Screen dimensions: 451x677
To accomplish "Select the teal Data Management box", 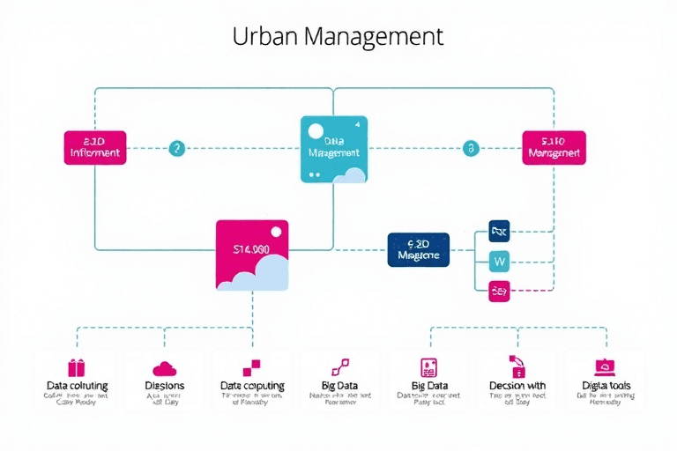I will click(334, 150).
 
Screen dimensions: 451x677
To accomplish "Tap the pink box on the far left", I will click(95, 148).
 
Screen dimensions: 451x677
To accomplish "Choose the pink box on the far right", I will click(554, 148).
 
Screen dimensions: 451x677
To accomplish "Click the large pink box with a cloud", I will click(252, 255).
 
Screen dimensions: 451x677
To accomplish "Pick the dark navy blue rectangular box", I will click(419, 249).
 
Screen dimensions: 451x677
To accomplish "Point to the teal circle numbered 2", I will click(177, 148).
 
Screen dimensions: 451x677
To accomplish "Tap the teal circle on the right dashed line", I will click(472, 148).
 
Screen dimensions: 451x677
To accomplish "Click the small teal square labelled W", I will click(499, 261).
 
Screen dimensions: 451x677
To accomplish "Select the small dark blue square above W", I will click(499, 232).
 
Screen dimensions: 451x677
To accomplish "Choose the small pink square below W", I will click(499, 290).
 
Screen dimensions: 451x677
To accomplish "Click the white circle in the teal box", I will click(315, 132).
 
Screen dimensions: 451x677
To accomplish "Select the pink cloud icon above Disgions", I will click(164, 368).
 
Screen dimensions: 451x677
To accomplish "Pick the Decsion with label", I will click(517, 386).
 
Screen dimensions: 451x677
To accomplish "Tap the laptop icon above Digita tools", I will click(604, 366).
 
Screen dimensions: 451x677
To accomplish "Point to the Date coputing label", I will click(252, 386).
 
